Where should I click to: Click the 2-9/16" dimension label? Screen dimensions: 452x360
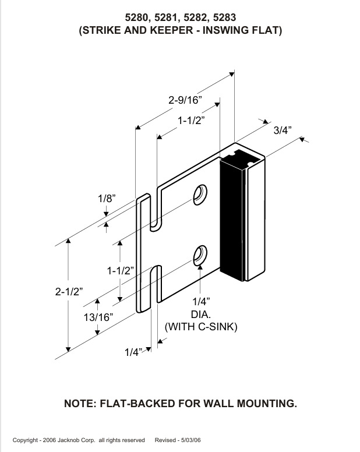(185, 100)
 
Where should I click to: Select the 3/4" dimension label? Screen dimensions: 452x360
(282, 130)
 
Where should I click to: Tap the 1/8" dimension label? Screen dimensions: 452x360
(107, 199)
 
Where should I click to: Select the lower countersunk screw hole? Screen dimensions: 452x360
(200, 254)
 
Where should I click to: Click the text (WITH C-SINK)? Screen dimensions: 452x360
(201, 327)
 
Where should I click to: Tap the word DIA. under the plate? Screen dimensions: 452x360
(201, 314)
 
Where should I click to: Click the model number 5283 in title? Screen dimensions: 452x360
(224, 18)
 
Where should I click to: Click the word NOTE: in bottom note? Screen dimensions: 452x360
(82, 403)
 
